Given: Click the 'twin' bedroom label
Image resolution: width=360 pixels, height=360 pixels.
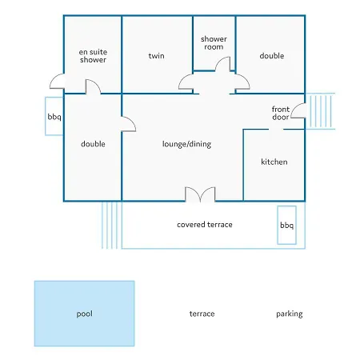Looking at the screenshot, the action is coord(156,56).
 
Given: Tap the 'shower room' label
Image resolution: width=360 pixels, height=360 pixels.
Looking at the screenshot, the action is coord(214,43).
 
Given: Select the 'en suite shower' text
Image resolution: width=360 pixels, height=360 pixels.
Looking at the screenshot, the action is coord(93,56).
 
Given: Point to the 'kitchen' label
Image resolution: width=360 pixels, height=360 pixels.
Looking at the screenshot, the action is coord(274,162).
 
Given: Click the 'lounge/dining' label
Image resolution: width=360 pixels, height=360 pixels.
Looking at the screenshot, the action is coord(186,144).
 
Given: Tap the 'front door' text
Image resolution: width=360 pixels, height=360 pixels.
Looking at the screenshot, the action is coord(281,113).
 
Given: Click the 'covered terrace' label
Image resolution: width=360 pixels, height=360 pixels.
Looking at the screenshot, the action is coord(205,225).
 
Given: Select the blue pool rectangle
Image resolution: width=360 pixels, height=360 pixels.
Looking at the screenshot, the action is coord(84,314).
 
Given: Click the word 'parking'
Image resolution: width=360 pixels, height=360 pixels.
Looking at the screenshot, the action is coord(290,314).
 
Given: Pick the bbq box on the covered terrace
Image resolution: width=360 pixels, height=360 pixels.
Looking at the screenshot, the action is coord(286,225).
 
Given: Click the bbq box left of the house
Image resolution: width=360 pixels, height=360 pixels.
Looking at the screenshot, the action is coord(54,116).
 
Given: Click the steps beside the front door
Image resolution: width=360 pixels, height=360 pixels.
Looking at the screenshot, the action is coord(320,111).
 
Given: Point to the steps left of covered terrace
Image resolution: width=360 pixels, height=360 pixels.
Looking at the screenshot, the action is coord(110,226).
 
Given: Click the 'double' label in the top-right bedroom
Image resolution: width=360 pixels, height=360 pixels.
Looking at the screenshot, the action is coord(272,56).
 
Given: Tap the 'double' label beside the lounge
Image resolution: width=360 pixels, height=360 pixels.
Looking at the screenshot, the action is coord(93,144).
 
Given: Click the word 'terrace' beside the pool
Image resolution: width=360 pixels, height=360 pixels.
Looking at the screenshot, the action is coord(202,314).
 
